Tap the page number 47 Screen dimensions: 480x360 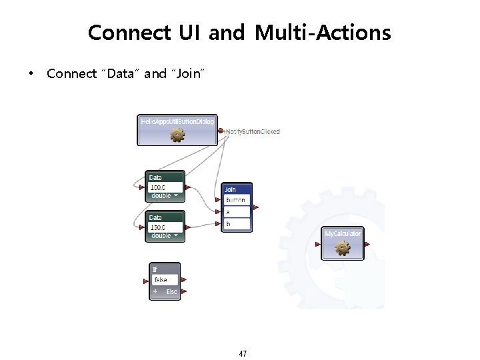(243, 353)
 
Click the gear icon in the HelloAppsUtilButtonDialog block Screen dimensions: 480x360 (177, 135)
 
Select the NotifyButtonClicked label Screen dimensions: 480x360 (253, 131)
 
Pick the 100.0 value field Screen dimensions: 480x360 (164, 187)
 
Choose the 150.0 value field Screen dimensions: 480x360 (164, 227)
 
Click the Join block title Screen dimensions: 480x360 (230, 189)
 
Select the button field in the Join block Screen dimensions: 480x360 (236, 200)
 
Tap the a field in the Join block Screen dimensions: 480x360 (236, 212)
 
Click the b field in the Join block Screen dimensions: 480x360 (236, 224)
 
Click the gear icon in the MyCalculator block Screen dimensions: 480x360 (343, 248)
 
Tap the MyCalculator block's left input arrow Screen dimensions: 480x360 (319, 245)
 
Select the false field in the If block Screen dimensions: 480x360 (164, 280)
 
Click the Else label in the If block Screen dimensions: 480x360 (171, 292)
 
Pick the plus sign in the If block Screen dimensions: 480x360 (155, 292)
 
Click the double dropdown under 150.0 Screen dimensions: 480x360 (165, 236)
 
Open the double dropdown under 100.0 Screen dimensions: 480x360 (165, 196)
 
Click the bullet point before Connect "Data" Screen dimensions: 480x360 (30, 74)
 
